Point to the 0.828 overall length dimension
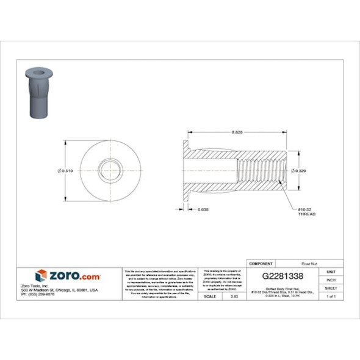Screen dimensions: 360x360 point(236,132)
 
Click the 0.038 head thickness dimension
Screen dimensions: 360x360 point(203,209)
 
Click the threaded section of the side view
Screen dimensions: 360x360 point(259,171)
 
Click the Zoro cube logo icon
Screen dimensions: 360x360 point(41,276)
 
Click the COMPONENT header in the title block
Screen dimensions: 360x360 point(261,263)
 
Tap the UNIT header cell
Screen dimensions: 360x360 point(331,271)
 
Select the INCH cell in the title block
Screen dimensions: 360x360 point(331,279)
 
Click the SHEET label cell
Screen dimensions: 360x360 point(331,287)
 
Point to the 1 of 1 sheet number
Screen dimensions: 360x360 point(331,296)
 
